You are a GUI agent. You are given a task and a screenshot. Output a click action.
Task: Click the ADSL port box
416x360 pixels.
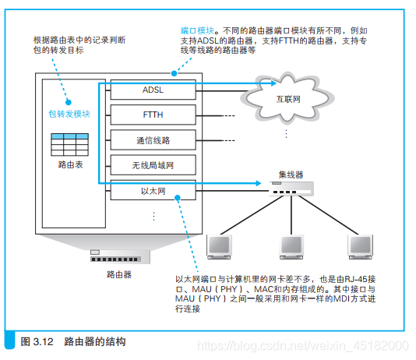tap(152, 90)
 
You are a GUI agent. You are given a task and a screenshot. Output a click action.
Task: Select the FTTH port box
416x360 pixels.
tap(152, 115)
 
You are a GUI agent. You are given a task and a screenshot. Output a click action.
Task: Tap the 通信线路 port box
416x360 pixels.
tap(152, 140)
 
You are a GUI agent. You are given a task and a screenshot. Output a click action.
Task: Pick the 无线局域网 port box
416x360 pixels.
tap(152, 164)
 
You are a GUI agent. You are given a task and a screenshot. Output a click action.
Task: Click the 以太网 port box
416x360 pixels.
tap(152, 189)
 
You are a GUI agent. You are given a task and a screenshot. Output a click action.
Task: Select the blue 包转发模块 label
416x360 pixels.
tap(70, 114)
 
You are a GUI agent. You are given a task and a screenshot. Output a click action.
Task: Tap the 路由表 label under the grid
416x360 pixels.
tap(70, 166)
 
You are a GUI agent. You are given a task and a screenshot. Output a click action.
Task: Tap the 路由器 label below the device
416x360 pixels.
tap(118, 275)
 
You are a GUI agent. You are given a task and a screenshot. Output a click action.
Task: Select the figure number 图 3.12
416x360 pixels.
tap(36, 341)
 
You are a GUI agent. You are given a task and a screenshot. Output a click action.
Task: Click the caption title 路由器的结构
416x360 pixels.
tap(95, 341)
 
